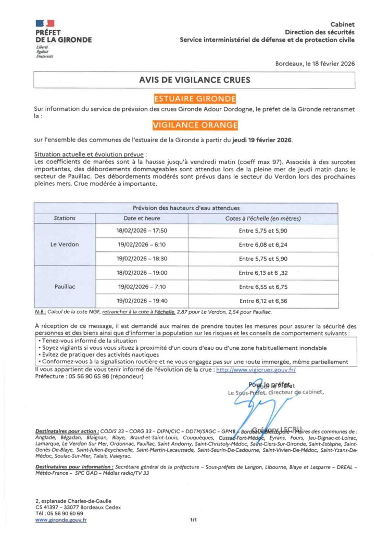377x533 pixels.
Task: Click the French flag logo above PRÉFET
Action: [x=45, y=23]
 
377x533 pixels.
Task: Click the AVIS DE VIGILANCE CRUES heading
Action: [x=194, y=80]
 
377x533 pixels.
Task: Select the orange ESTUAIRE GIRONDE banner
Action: [x=194, y=98]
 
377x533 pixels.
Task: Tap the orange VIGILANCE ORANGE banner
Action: [x=195, y=125]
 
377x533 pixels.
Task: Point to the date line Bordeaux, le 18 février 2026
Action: [x=315, y=64]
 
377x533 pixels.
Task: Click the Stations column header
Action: [x=65, y=218]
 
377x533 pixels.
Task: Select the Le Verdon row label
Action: [x=65, y=244]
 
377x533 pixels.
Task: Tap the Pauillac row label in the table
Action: [x=65, y=287]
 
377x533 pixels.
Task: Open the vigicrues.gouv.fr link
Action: [x=255, y=369]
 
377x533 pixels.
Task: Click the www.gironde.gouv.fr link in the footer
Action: [x=61, y=519]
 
